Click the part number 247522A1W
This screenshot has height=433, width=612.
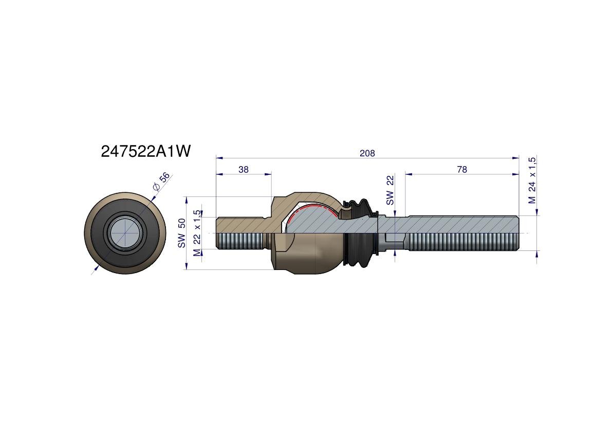coord(146,151)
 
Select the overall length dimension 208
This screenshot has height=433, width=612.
coord(367,153)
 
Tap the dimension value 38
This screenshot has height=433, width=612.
coord(244,169)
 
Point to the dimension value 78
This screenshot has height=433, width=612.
coord(462,169)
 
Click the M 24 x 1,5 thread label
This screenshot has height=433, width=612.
coord(532,180)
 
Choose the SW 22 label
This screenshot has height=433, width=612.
coord(390,190)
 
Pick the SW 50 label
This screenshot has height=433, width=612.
coord(181,233)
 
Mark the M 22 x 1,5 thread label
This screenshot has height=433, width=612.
coord(197,233)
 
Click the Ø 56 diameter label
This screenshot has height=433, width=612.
coord(161,182)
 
